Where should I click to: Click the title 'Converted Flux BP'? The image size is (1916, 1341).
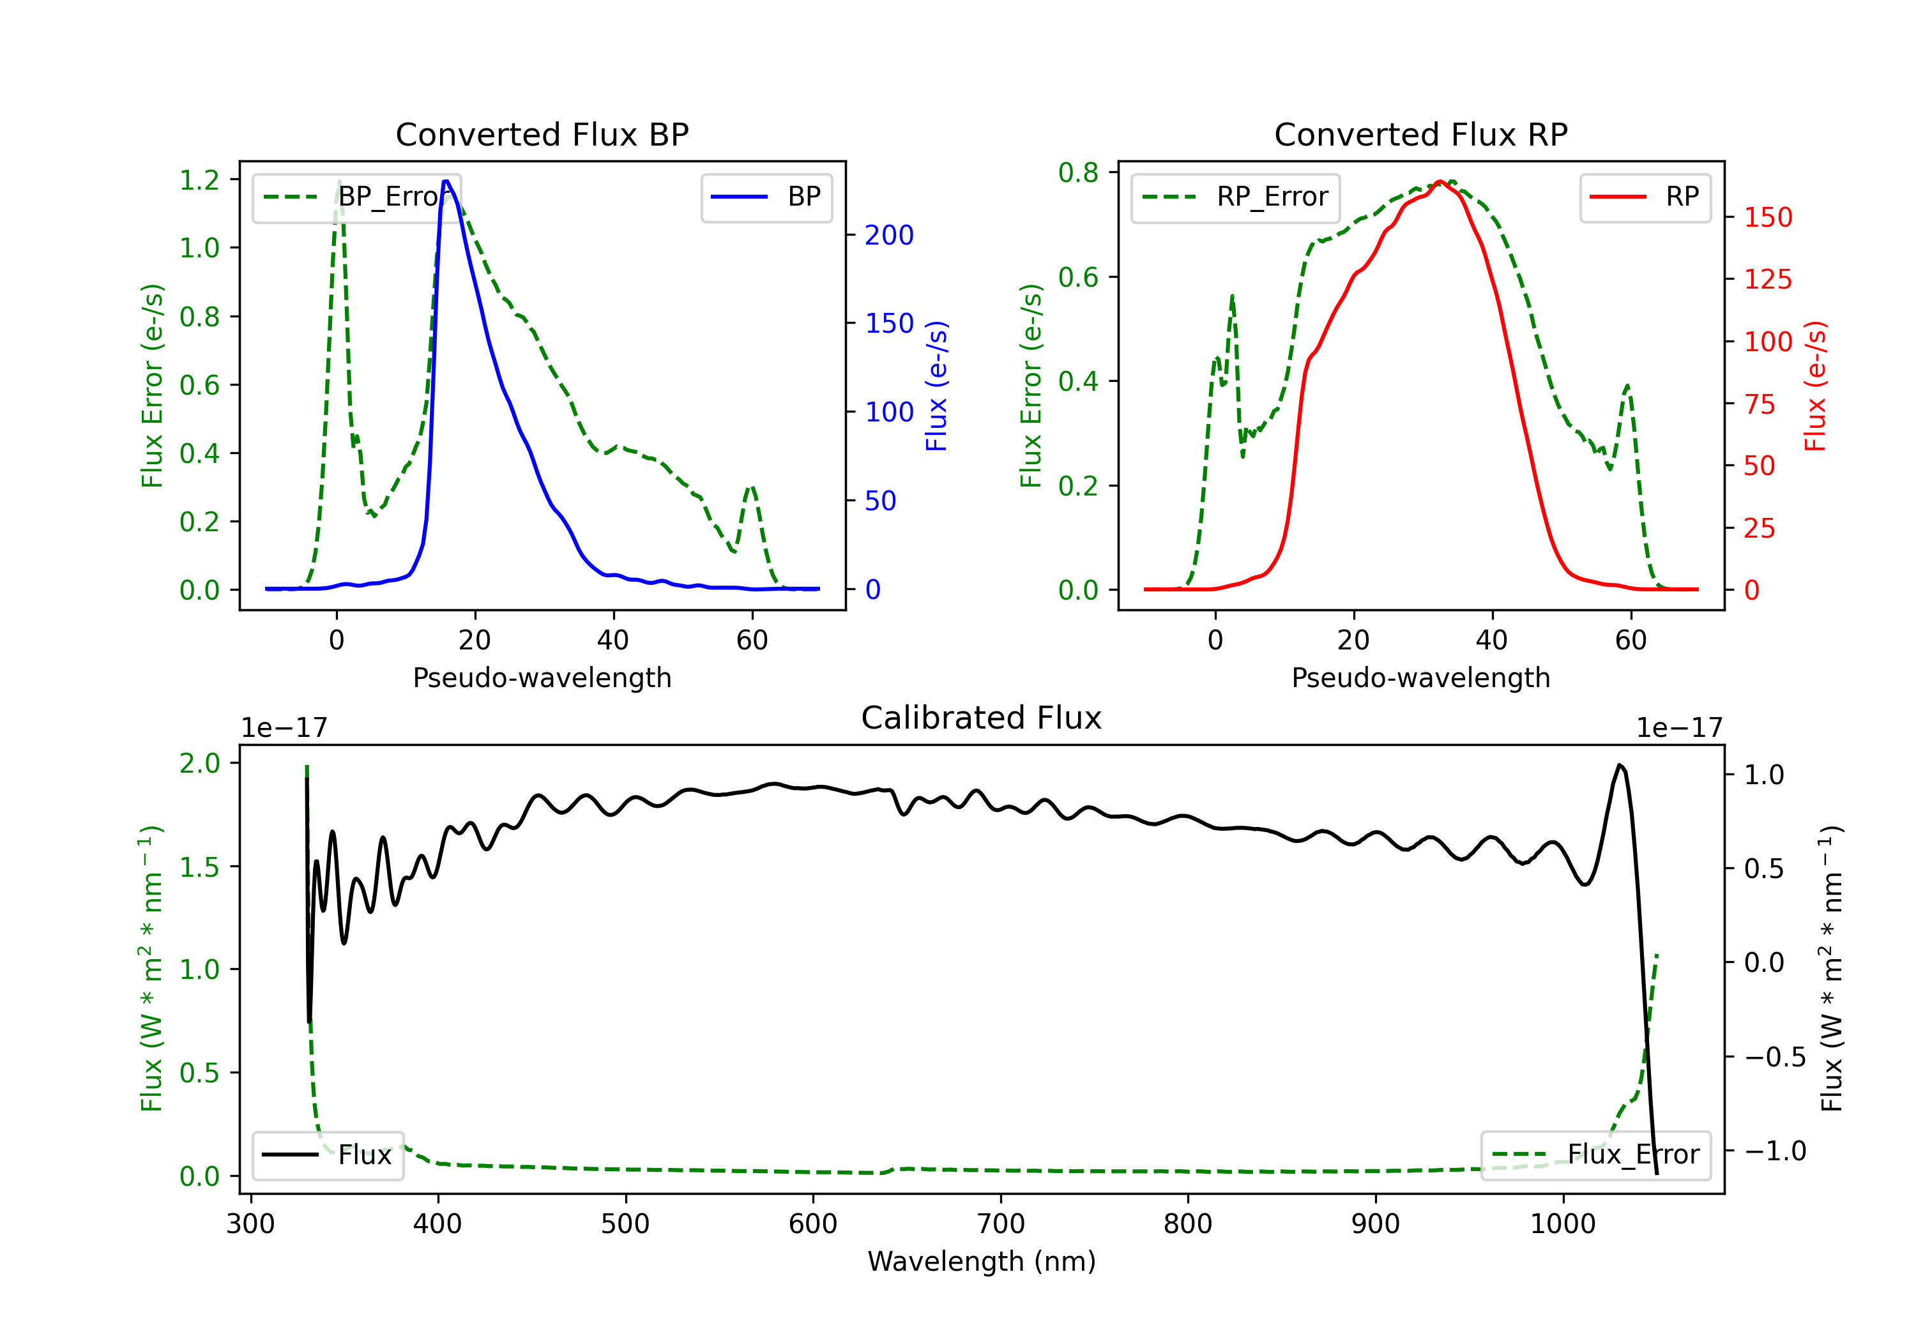coord(542,134)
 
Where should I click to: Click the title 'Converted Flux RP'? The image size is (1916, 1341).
coord(1420,134)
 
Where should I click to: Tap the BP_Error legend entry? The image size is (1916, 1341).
coord(356,197)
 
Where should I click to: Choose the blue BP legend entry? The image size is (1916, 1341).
coord(766,197)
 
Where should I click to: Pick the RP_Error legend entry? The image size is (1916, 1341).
coord(1235,197)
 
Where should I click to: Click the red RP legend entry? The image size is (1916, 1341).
coord(1645,197)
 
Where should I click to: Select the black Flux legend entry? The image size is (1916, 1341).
coord(328,1155)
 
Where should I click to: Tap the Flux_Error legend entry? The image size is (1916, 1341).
coord(1595,1155)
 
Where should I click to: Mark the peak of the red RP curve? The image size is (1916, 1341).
coord(1440,181)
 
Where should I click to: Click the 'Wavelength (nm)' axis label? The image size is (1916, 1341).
coord(982,1261)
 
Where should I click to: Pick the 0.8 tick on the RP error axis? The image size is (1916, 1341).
coord(1078,173)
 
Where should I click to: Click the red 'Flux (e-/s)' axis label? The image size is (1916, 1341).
coord(1815,386)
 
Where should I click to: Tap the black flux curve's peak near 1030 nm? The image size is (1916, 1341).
coord(1619,764)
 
